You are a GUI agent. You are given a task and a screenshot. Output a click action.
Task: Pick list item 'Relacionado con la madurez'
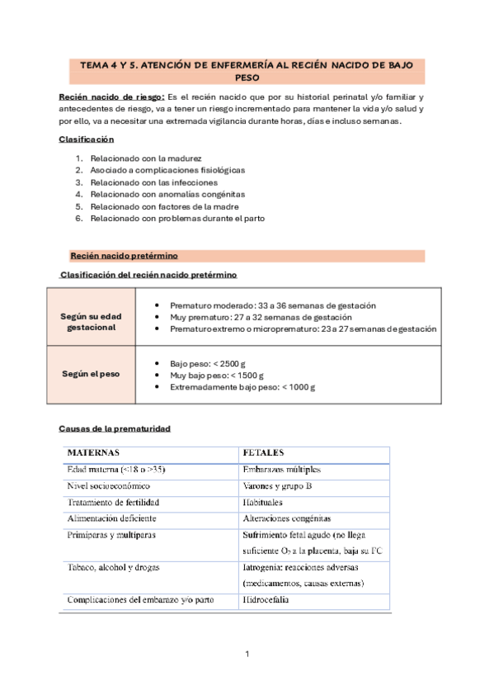tap(146, 158)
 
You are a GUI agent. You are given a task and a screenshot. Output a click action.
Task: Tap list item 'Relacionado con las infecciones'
tap(154, 182)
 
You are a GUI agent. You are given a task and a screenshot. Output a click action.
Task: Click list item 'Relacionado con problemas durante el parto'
tap(177, 218)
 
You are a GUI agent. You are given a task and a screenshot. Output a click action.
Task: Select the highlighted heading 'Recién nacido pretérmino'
tap(124, 256)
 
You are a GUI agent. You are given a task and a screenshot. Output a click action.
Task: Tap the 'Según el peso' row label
tap(92, 373)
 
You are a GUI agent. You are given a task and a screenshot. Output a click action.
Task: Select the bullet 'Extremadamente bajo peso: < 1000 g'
tap(242, 386)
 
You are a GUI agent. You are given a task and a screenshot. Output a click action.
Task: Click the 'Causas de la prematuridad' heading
tap(115, 429)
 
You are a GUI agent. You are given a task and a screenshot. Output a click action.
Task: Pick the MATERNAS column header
tap(93, 453)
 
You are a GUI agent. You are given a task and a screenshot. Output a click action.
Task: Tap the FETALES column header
tap(263, 453)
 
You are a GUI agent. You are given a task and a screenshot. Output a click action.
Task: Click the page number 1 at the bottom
tap(247, 654)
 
